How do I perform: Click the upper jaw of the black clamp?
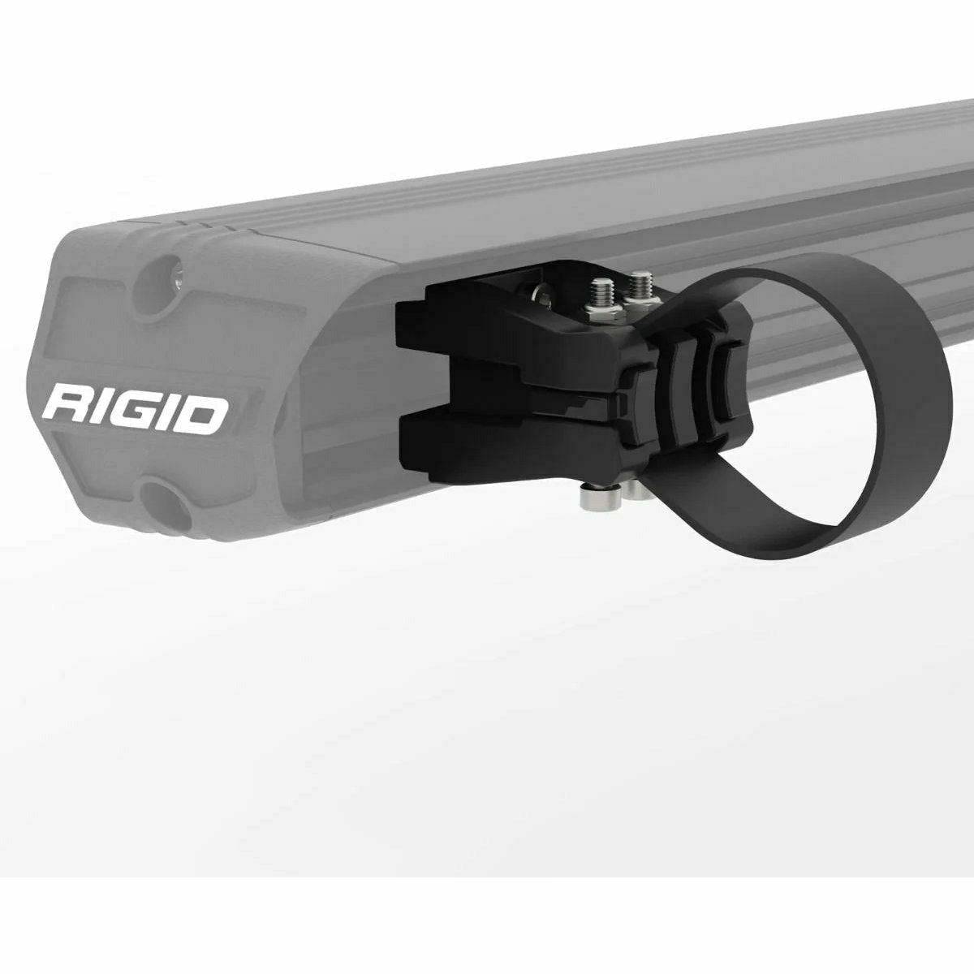[x=455, y=333]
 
